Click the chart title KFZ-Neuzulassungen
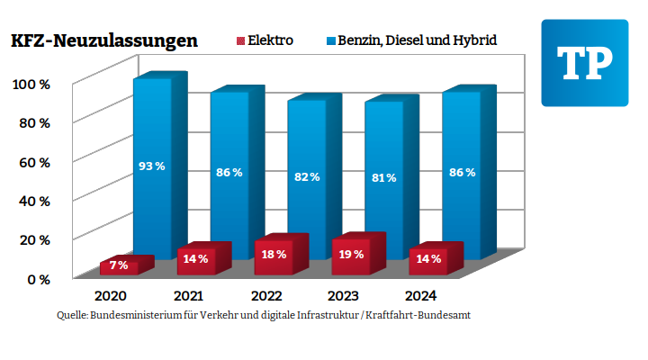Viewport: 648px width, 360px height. click(103, 40)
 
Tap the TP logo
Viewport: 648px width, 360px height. click(584, 62)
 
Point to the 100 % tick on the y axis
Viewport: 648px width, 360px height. click(31, 85)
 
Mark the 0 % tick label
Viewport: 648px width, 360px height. click(38, 279)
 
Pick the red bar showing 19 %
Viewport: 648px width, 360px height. click(353, 254)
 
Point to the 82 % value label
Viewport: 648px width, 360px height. click(307, 176)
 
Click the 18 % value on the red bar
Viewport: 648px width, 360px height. click(274, 255)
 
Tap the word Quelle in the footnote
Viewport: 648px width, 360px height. click(71, 316)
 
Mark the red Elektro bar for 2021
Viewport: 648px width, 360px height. click(197, 259)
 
